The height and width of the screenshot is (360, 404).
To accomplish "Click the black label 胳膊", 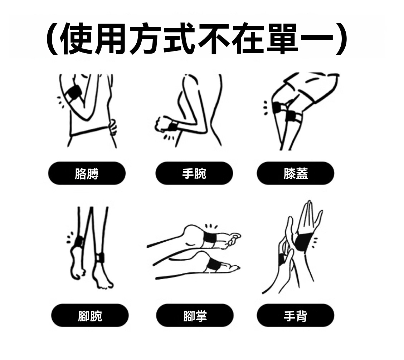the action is [x=87, y=173].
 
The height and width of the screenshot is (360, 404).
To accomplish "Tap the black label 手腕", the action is [x=194, y=173].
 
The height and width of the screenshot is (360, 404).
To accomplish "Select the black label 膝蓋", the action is [x=296, y=173].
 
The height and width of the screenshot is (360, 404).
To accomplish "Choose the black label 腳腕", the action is [x=90, y=315].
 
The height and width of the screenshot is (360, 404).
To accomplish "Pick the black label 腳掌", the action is [x=195, y=315].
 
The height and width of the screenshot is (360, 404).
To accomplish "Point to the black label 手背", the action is [x=296, y=315].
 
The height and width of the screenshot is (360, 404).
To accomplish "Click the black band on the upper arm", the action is [x=73, y=92].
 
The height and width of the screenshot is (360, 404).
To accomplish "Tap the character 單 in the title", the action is [x=283, y=39].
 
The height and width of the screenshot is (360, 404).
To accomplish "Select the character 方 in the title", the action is [x=145, y=39].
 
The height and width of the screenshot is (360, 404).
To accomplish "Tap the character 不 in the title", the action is [x=214, y=39].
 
